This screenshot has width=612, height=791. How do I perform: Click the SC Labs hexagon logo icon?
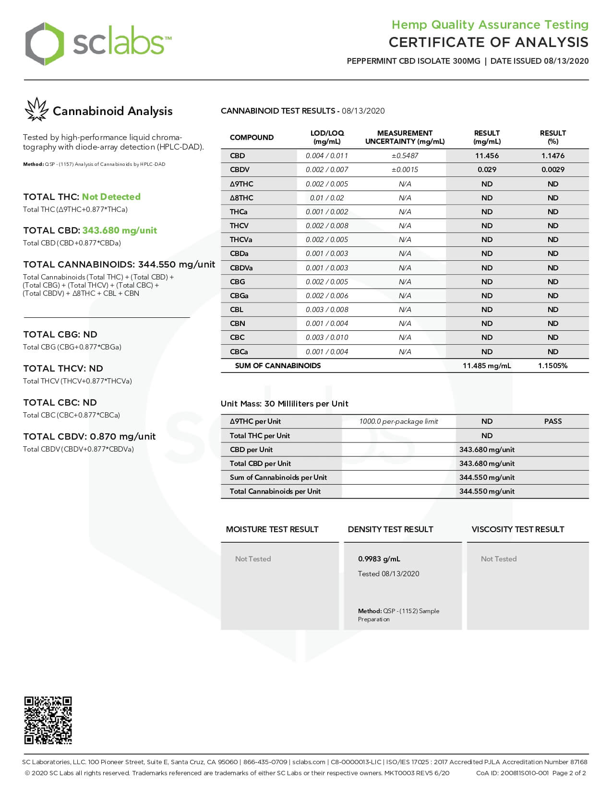(44, 44)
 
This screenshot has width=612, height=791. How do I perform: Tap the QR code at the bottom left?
(48, 720)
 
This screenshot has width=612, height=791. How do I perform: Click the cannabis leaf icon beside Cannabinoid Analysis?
(36, 110)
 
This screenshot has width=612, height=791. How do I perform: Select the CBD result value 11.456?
(487, 156)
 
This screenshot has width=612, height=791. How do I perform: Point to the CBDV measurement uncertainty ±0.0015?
(405, 170)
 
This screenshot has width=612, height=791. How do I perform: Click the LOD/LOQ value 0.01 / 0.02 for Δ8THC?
(326, 198)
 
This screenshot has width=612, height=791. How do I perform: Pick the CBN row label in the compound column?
(237, 324)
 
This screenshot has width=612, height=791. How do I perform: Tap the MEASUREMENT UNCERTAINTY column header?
(405, 137)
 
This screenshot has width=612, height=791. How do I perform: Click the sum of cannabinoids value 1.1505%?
(552, 366)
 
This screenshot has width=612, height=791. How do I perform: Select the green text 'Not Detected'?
(111, 197)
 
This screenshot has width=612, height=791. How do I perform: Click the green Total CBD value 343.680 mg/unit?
(120, 230)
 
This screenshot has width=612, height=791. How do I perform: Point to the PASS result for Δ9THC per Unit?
(552, 421)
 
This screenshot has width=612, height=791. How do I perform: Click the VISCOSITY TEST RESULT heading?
(517, 529)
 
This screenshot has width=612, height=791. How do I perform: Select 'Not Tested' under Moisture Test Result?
(253, 559)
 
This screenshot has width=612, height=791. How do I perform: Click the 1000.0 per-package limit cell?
(398, 421)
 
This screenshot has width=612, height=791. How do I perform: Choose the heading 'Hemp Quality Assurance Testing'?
(490, 24)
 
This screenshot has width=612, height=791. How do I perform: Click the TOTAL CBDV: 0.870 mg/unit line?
(89, 436)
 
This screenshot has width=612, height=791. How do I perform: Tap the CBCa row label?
(239, 352)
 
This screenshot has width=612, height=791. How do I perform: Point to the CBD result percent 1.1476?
(552, 156)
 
